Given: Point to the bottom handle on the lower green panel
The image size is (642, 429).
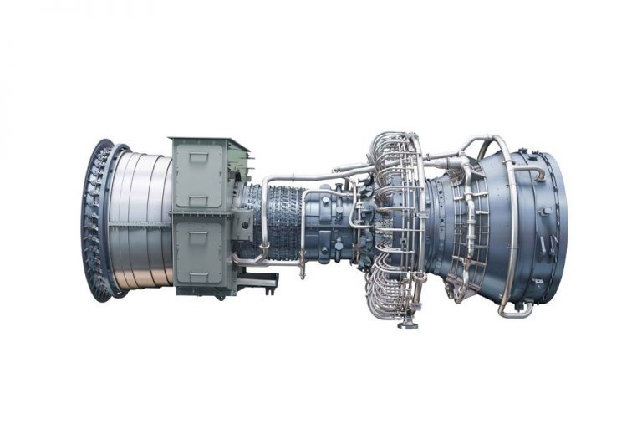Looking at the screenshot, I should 199,277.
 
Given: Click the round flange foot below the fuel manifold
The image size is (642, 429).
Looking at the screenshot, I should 408,322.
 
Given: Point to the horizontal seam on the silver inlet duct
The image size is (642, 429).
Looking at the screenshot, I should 142,222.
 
